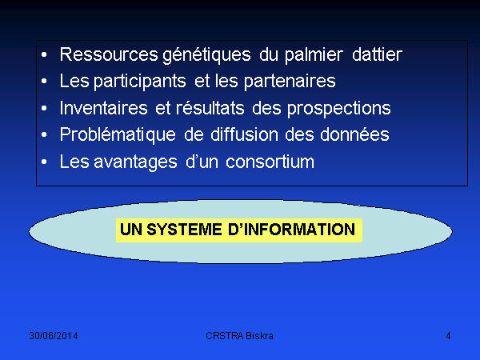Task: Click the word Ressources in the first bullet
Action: click(109, 54)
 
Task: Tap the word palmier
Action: click(314, 55)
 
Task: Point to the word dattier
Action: click(377, 54)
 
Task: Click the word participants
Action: click(140, 82)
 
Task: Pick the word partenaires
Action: click(290, 82)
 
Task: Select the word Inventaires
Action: click(104, 108)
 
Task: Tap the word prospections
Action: click(339, 109)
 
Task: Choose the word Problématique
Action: click(118, 135)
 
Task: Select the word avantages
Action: click(135, 162)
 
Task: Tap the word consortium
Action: click(270, 162)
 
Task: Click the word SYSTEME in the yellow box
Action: click(184, 230)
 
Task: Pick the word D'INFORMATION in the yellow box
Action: click(291, 230)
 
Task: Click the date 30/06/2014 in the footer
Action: click(54, 336)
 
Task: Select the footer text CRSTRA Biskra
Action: click(239, 336)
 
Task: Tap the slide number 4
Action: click(448, 336)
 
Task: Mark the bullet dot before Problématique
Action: click(44, 134)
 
